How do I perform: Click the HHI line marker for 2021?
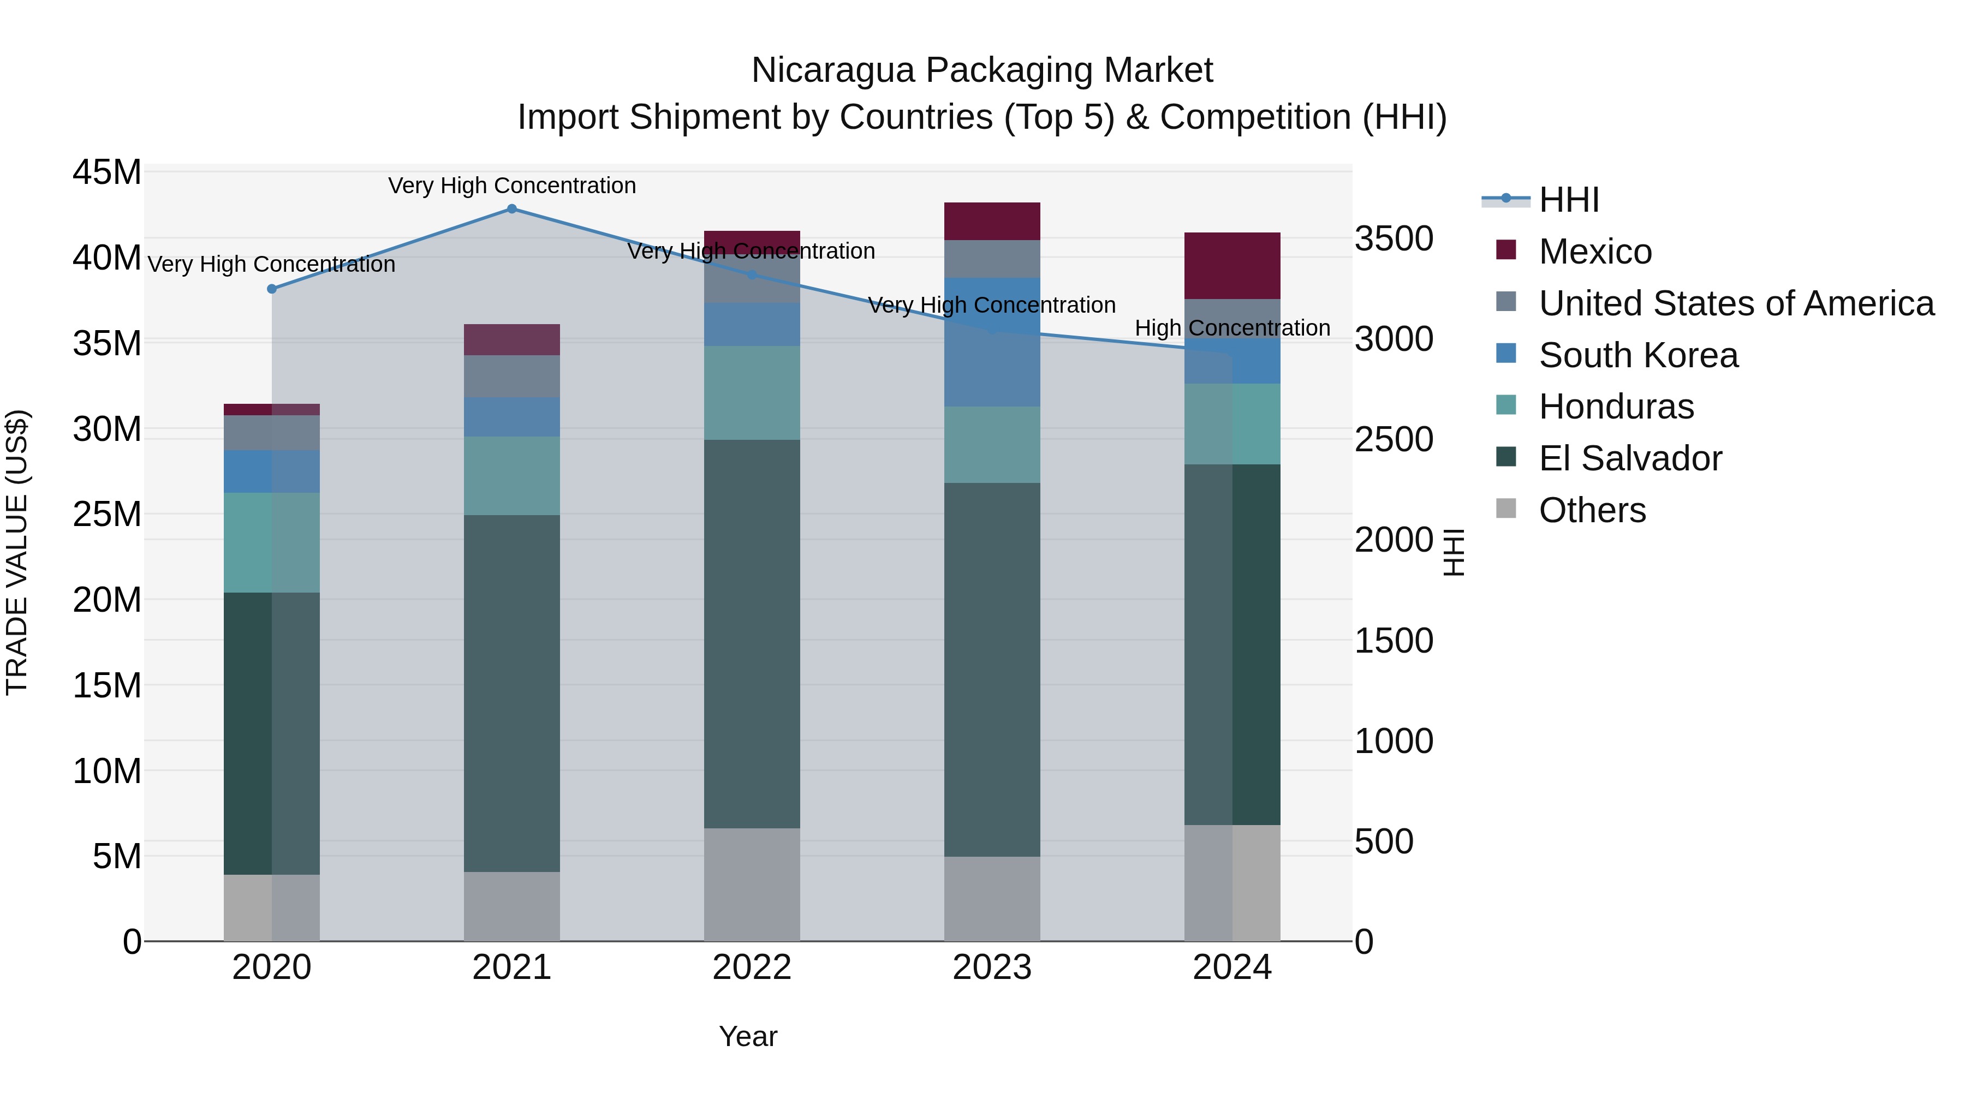click(512, 209)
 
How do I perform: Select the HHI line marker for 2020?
click(272, 289)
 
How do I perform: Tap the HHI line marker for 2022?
click(752, 274)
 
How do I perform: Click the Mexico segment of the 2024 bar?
click(1232, 265)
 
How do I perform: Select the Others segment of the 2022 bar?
click(752, 884)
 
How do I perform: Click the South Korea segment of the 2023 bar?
click(992, 342)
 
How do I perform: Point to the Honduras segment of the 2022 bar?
click(752, 393)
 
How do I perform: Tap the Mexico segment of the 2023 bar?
click(992, 221)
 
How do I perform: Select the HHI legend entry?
click(1568, 200)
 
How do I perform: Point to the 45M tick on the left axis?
click(107, 172)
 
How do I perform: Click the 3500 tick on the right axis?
click(1394, 238)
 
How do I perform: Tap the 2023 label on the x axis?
click(992, 967)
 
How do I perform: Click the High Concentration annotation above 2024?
click(1232, 328)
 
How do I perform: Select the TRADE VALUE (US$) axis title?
click(17, 552)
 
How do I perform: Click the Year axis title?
click(748, 1036)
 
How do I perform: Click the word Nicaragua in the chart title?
click(833, 70)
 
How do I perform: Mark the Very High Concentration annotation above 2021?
click(512, 186)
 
